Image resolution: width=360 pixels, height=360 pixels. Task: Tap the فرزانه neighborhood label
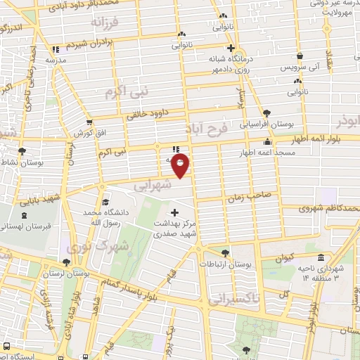point(105,23)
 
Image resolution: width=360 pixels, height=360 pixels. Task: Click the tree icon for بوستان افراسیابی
point(266,113)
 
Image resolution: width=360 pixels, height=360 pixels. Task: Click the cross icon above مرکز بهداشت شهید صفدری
point(174,212)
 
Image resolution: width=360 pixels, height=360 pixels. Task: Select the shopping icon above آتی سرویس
point(300,56)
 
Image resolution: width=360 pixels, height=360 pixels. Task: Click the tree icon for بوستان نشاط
point(22,151)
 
